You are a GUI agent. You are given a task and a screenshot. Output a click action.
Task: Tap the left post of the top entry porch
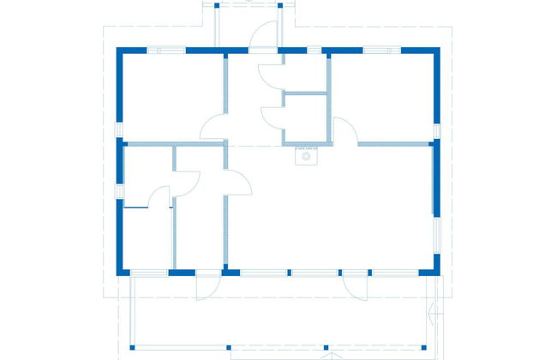tap(217, 6)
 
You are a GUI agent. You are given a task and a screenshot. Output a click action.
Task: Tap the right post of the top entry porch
tap(280, 6)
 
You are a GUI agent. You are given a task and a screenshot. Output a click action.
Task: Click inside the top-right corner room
tap(381, 94)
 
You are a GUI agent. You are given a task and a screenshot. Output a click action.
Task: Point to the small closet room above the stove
tap(306, 117)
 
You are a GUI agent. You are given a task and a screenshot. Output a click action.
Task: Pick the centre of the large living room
tap(330, 210)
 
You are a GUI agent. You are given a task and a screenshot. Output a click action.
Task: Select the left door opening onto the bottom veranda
tap(208, 285)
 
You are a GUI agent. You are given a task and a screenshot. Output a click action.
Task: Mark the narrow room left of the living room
tap(200, 227)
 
